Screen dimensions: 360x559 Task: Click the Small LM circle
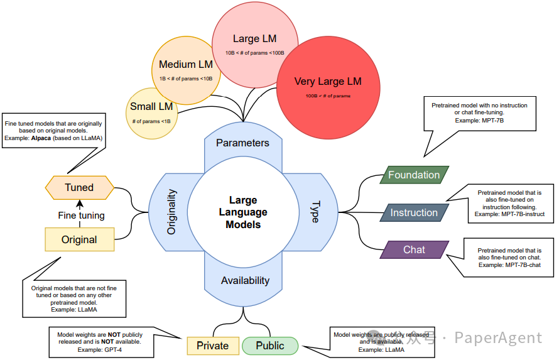(x=151, y=114)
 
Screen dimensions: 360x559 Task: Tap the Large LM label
(x=254, y=39)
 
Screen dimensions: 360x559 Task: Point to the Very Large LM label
(x=328, y=82)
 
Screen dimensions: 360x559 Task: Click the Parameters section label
(x=242, y=143)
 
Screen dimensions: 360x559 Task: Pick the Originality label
(x=172, y=212)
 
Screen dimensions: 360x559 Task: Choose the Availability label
(x=245, y=280)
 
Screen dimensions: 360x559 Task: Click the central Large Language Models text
(x=243, y=212)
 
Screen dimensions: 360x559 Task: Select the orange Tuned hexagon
(x=79, y=187)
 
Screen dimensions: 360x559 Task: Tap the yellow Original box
(x=79, y=239)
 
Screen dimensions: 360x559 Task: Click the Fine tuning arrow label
(x=81, y=215)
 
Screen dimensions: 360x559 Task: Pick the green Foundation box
(x=414, y=175)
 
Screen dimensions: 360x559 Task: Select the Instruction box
(x=414, y=212)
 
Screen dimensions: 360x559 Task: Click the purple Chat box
(x=414, y=249)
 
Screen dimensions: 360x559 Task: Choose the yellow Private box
(x=213, y=346)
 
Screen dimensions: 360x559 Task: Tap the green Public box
(x=270, y=346)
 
